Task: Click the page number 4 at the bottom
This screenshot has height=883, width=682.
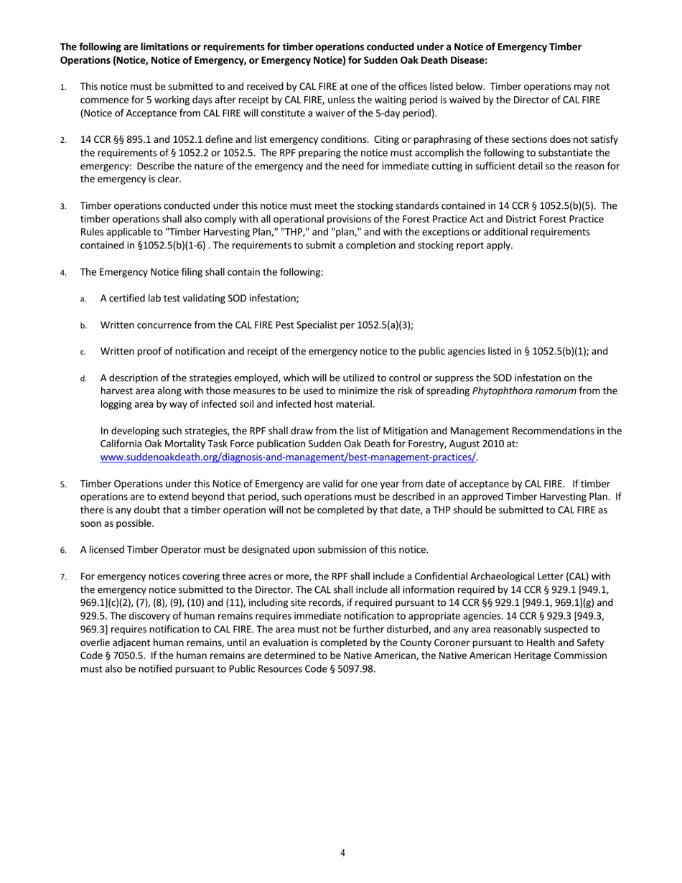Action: pos(342,853)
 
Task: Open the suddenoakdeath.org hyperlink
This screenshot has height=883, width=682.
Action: pos(289,457)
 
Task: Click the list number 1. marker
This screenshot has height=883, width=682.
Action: pos(63,87)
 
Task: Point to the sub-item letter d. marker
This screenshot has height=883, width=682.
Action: pos(83,378)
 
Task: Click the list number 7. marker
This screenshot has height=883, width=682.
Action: pos(63,576)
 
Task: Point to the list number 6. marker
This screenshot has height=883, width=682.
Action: pos(63,551)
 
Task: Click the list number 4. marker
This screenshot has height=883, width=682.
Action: pos(63,273)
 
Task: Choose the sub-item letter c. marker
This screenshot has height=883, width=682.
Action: pos(83,352)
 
